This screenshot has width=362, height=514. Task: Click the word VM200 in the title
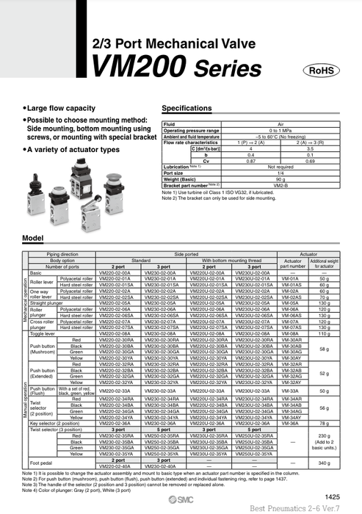137,68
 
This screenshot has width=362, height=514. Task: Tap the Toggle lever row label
45,333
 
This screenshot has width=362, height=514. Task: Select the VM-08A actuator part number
292,333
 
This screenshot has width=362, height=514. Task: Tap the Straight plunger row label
46,302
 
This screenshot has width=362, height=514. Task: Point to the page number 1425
333,496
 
